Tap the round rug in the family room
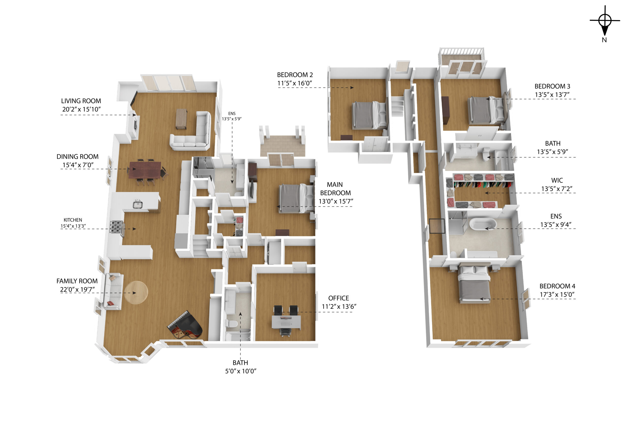(x=136, y=292)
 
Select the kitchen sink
(x=138, y=205)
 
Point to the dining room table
(x=145, y=170)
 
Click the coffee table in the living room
(x=181, y=119)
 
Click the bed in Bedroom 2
(x=369, y=115)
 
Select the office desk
(x=286, y=322)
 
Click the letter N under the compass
(x=604, y=40)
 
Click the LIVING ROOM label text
(x=81, y=101)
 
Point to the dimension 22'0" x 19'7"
(x=77, y=289)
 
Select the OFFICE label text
(x=339, y=298)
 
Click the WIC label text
(x=557, y=180)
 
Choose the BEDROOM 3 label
(x=552, y=86)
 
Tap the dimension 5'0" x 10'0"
(x=241, y=371)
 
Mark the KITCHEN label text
(x=73, y=220)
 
